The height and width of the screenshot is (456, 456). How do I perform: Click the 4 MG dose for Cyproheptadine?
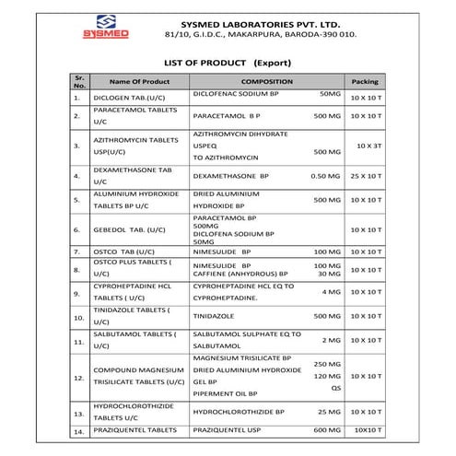coord(331,292)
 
